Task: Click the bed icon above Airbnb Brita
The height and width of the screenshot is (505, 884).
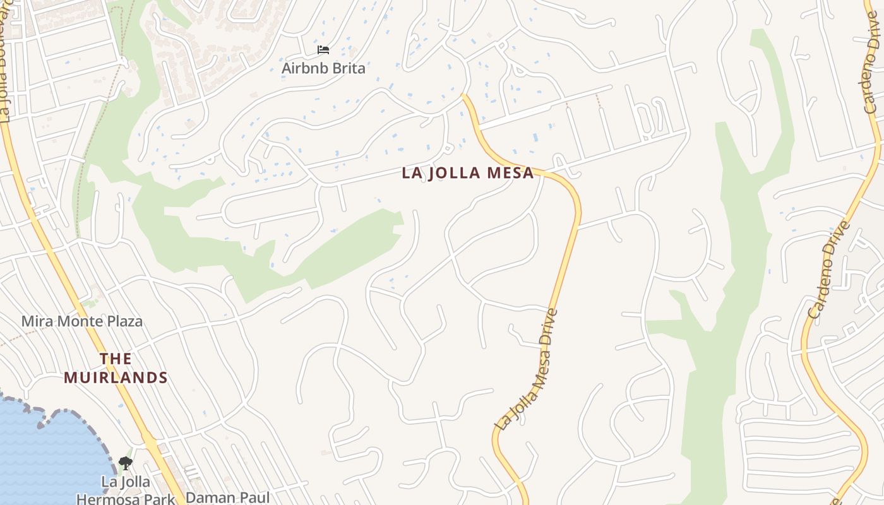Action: [x=323, y=50]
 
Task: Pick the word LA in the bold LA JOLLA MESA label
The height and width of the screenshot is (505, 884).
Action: [x=411, y=173]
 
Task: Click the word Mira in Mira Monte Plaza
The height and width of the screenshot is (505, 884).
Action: [x=37, y=321]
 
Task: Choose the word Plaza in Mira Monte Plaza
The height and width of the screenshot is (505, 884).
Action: [x=124, y=321]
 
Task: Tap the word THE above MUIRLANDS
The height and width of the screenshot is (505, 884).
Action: [x=116, y=359]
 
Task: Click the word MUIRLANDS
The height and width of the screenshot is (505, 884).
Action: [x=116, y=378]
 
